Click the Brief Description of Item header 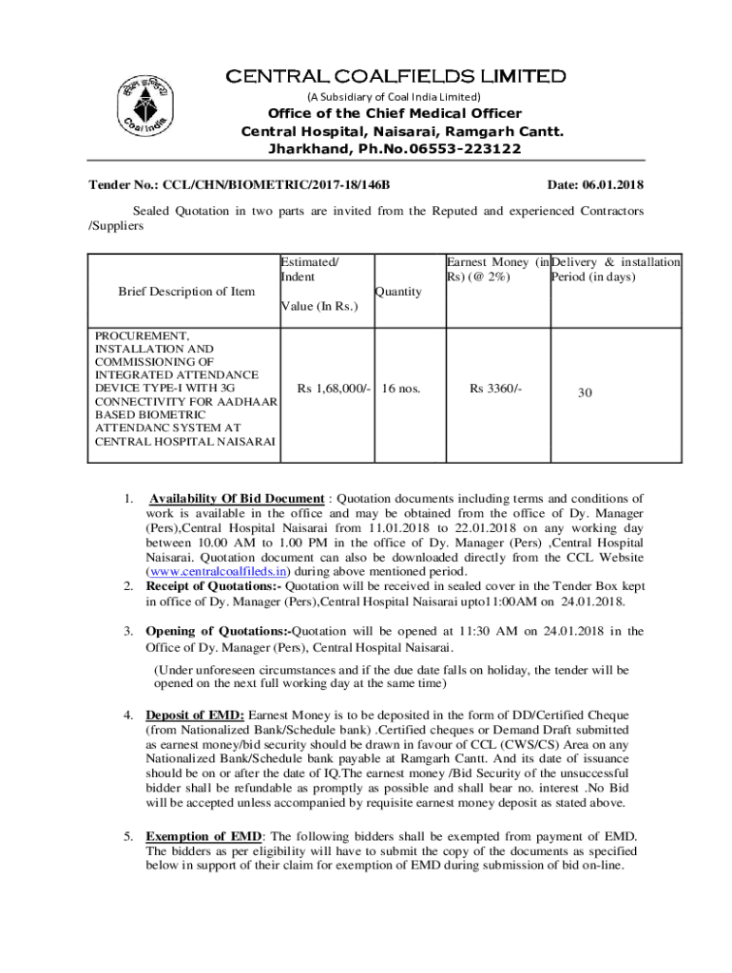coord(186,292)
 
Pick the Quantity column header coord(399,292)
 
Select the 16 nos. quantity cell coord(401,389)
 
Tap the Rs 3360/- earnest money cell coord(495,389)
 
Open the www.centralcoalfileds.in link coord(218,572)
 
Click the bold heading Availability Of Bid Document coord(238,498)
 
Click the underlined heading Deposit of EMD coord(195,715)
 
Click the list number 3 coord(128,631)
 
